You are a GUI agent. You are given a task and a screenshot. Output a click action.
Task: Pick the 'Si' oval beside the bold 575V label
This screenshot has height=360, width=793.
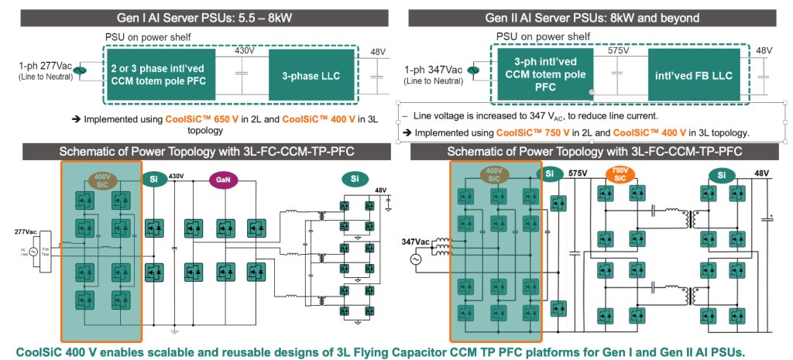point(551,174)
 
